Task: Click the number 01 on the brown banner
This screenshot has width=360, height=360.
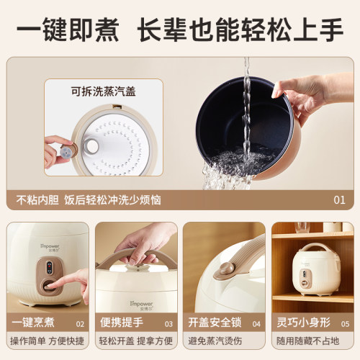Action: click(x=339, y=200)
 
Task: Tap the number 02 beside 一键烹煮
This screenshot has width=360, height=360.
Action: click(x=80, y=324)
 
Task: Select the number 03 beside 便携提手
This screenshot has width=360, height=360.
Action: click(x=168, y=324)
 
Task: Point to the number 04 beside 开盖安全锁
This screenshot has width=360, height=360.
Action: click(x=256, y=324)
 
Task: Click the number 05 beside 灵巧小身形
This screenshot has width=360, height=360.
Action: click(x=345, y=324)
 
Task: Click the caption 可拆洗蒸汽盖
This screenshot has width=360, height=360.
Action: click(x=103, y=91)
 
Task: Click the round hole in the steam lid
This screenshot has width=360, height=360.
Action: click(x=91, y=146)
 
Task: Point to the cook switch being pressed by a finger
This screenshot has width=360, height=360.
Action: click(x=49, y=286)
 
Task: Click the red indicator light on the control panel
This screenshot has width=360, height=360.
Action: click(x=50, y=266)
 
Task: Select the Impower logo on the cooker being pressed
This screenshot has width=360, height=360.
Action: click(x=50, y=248)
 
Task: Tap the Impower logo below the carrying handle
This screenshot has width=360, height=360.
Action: click(x=141, y=305)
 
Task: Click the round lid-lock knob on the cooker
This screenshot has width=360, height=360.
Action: click(x=225, y=269)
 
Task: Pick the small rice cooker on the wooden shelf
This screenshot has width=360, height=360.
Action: click(x=316, y=269)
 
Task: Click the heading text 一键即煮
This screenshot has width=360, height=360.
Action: click(x=68, y=30)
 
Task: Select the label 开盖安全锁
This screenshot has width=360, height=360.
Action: click(x=215, y=323)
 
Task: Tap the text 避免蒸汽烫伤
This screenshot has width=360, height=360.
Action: click(x=215, y=341)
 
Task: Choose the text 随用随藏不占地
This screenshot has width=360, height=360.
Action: click(x=307, y=341)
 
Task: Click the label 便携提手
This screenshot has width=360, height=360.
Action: click(x=122, y=323)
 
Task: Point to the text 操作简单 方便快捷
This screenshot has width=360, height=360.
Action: click(x=47, y=341)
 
